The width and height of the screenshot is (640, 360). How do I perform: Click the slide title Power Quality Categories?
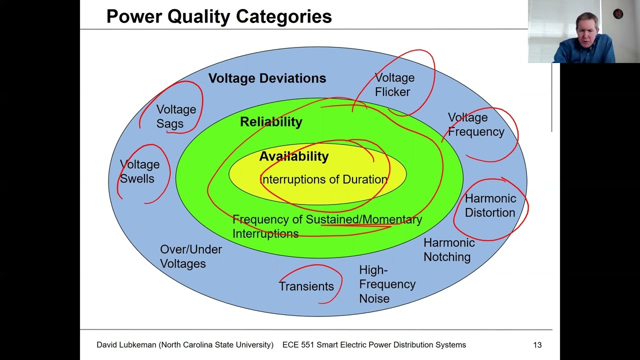tap(219, 16)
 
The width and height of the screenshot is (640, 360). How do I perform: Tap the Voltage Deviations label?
tap(267, 78)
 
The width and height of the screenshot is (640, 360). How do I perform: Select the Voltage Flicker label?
tap(394, 85)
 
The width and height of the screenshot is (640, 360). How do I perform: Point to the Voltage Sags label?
tap(175, 116)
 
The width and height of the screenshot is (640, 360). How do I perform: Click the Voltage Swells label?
tap(139, 171)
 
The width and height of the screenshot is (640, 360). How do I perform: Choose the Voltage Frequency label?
tap(475, 125)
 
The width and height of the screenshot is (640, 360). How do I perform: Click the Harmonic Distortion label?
tap(490, 205)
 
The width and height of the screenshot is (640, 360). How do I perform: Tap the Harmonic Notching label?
tap(448, 249)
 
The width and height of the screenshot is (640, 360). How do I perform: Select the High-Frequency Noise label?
tap(386, 284)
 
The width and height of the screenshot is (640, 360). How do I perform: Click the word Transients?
tap(306, 286)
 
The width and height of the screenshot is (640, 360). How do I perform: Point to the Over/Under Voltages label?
tap(190, 256)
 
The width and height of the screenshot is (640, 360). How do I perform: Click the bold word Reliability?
tap(271, 122)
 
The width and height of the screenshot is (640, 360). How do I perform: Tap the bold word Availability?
tap(294, 156)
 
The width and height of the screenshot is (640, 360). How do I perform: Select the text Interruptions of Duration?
tap(324, 179)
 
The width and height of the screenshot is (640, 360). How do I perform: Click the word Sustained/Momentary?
tap(363, 219)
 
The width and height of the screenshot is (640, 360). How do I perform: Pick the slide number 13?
tap(537, 345)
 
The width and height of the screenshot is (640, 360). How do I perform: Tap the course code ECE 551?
tap(298, 345)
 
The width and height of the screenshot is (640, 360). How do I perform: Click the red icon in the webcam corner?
tap(618, 14)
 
